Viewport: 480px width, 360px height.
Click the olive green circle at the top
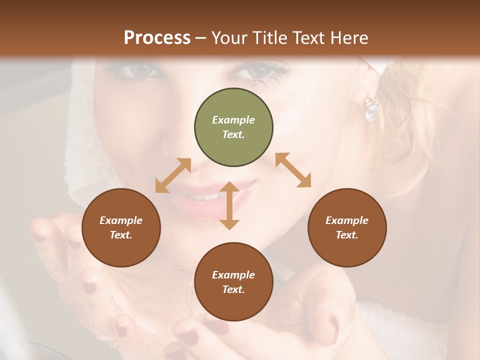pyautogui.click(x=233, y=127)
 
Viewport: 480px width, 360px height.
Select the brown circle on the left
pyautogui.click(x=121, y=228)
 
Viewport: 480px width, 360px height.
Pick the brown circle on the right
pyautogui.click(x=347, y=228)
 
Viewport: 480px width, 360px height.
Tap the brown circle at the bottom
pyautogui.click(x=233, y=282)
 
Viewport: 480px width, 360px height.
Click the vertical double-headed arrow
pyautogui.click(x=229, y=205)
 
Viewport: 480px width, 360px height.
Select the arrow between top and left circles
pyautogui.click(x=173, y=175)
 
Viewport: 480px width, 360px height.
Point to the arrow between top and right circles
pyautogui.click(x=293, y=170)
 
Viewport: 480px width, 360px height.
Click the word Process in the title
pyautogui.click(x=157, y=37)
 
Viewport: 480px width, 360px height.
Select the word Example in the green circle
pyautogui.click(x=233, y=120)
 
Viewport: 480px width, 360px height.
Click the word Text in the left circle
pyautogui.click(x=121, y=235)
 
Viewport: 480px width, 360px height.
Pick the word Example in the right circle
pyautogui.click(x=347, y=220)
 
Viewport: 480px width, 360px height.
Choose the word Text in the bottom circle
pyautogui.click(x=233, y=289)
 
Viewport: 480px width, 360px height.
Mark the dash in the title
pyautogui.click(x=200, y=38)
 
